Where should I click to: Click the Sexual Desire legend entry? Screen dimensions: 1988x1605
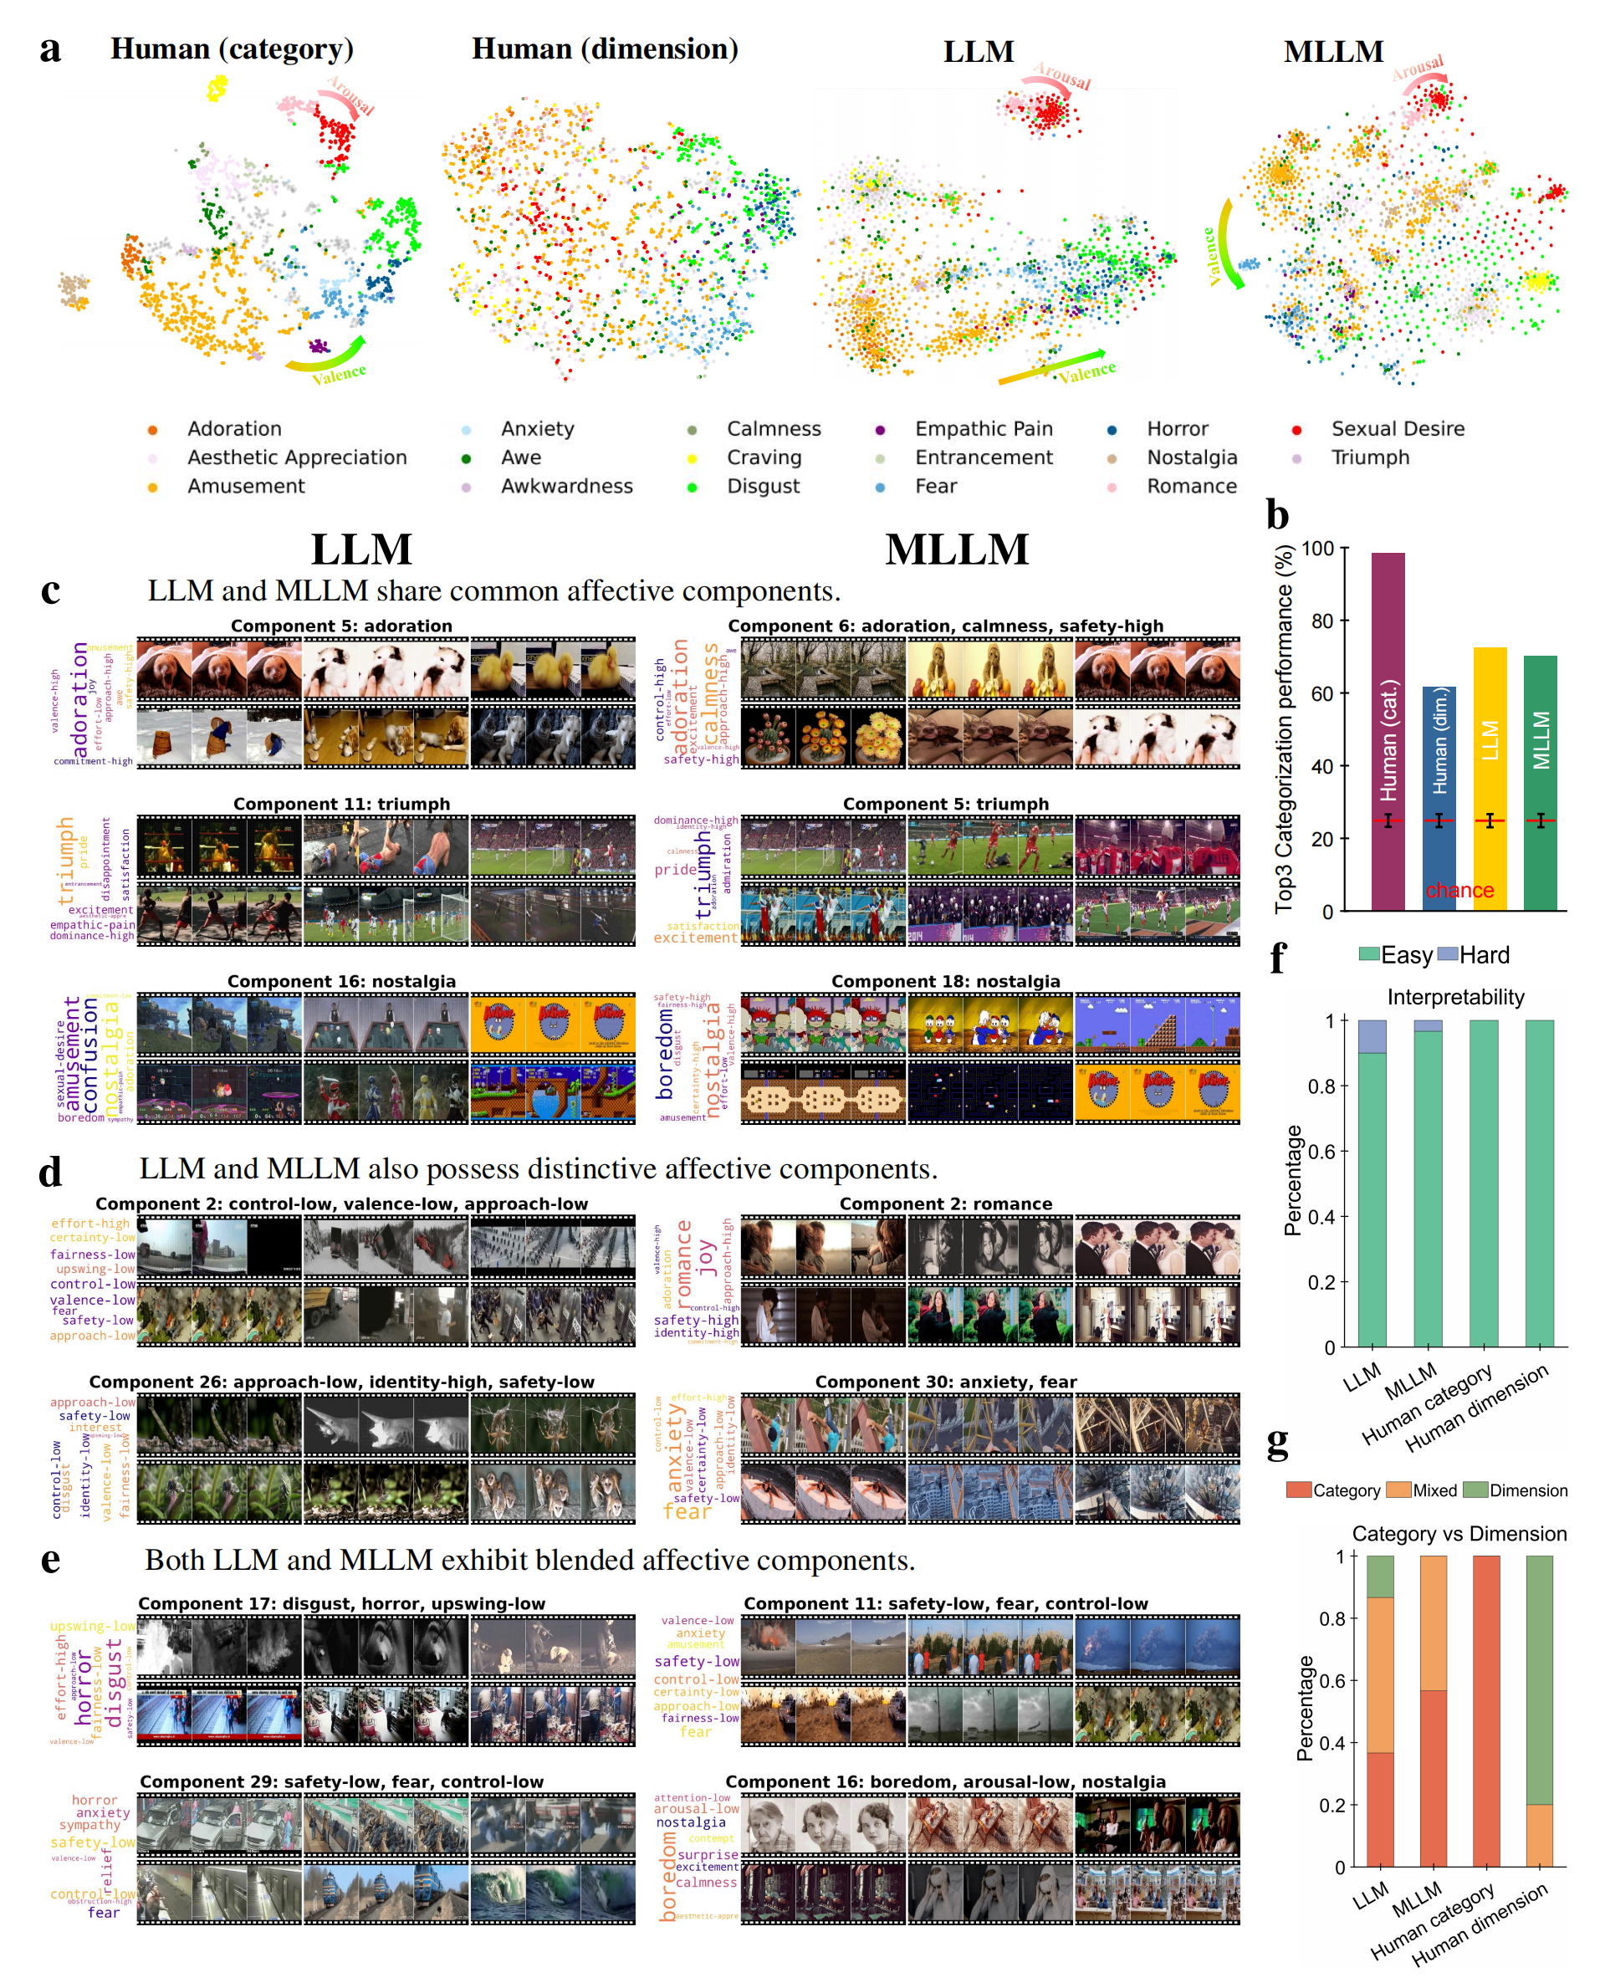(1397, 429)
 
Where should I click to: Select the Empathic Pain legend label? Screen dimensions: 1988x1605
(984, 429)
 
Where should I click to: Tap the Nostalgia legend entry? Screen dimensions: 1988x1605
(1192, 457)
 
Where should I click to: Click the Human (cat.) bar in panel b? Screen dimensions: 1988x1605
(1388, 730)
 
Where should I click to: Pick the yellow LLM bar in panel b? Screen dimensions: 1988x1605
(1490, 777)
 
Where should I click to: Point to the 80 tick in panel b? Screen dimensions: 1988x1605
(1321, 621)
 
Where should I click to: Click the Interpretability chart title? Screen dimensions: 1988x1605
(1455, 997)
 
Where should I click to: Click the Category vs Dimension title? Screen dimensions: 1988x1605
(1459, 1534)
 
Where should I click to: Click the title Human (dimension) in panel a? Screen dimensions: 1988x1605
(605, 49)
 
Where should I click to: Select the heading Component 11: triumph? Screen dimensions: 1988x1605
(341, 805)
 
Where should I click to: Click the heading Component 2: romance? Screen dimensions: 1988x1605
(945, 1204)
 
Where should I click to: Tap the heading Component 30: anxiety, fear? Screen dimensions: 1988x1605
(945, 1382)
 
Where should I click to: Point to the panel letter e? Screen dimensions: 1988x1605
(51, 1560)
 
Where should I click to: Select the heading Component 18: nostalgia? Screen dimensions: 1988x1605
(945, 982)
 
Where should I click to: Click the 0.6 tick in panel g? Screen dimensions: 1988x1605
(1332, 1681)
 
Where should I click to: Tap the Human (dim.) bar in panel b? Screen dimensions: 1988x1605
(1439, 797)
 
